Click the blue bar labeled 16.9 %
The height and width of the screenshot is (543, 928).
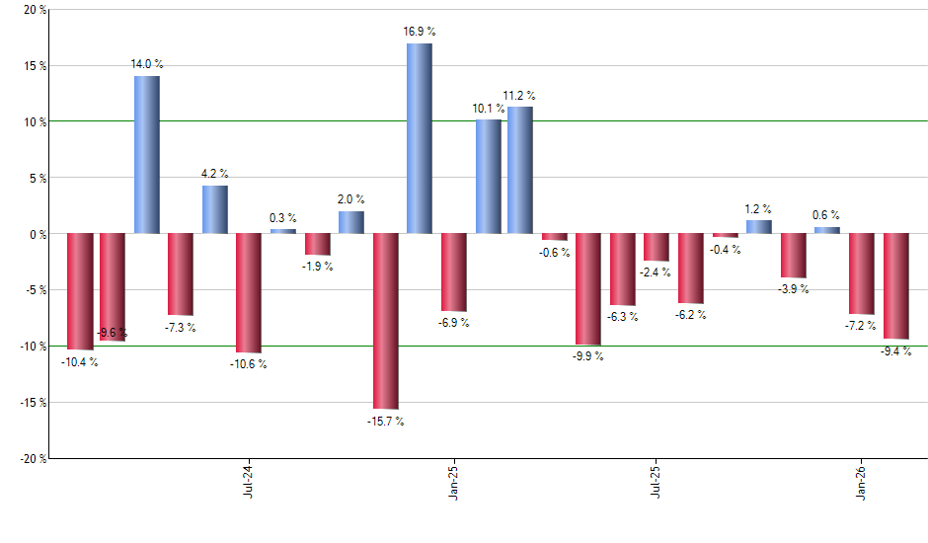[420, 138]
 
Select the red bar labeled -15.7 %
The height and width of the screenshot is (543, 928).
[385, 321]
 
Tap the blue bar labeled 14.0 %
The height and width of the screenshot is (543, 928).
[147, 154]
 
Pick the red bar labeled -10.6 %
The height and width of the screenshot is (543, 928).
[249, 292]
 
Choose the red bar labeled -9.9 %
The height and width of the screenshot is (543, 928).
[588, 288]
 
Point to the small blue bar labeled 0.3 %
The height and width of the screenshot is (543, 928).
[283, 231]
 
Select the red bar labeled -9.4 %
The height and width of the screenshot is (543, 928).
[895, 285]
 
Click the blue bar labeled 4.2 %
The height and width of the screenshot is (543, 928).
[215, 209]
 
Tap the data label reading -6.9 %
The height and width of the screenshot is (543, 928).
[455, 323]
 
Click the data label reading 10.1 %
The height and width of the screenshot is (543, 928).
[487, 108]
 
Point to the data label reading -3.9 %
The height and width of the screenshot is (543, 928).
[795, 289]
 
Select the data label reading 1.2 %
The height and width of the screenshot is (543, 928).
[758, 209]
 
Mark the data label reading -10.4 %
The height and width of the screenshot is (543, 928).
[80, 362]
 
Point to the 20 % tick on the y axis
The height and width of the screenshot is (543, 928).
[29, 10]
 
